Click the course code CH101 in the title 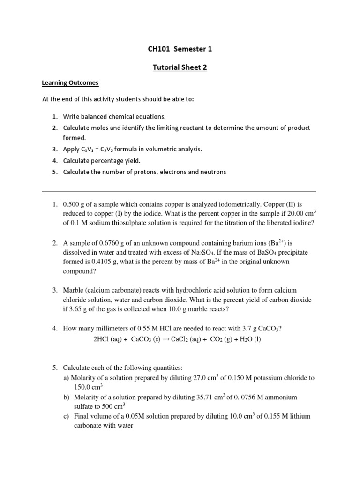[x=158, y=48]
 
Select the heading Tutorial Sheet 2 [x=180, y=67]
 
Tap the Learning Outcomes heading [x=70, y=82]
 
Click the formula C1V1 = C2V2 [x=96, y=149]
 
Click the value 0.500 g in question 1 [x=77, y=205]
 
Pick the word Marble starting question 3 [x=74, y=291]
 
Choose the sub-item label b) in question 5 [x=66, y=397]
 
